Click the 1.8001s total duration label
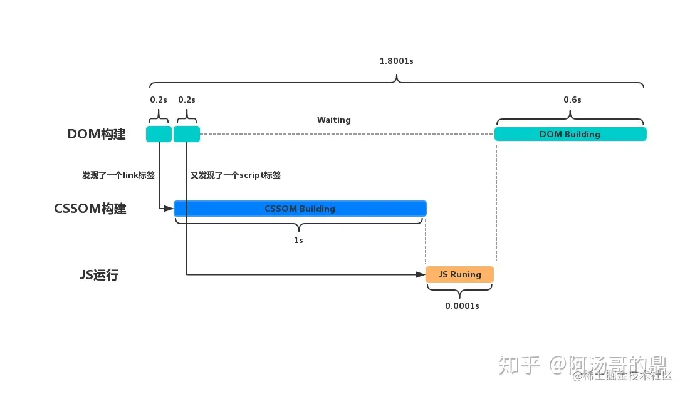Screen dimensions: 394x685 pyautogui.click(x=396, y=61)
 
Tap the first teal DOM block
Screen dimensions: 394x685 pyautogui.click(x=159, y=134)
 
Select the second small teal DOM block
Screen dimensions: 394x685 pyautogui.click(x=187, y=134)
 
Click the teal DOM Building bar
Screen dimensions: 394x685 pyautogui.click(x=570, y=134)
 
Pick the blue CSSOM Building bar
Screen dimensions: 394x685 pyautogui.click(x=300, y=208)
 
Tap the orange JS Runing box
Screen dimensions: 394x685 pyautogui.click(x=459, y=274)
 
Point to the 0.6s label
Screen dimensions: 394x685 pyautogui.click(x=572, y=100)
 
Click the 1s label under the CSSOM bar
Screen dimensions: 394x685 pyautogui.click(x=298, y=240)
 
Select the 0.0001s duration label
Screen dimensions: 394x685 pyautogui.click(x=462, y=306)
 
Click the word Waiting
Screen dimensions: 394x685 pyautogui.click(x=333, y=120)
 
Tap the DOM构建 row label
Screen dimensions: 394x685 pyautogui.click(x=97, y=135)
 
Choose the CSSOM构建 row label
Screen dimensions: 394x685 pyautogui.click(x=90, y=209)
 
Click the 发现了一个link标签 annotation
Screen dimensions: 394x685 pyautogui.click(x=118, y=175)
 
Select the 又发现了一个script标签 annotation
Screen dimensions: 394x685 pyautogui.click(x=236, y=175)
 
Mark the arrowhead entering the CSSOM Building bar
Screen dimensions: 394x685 pyautogui.click(x=169, y=208)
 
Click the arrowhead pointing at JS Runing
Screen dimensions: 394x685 pyautogui.click(x=421, y=274)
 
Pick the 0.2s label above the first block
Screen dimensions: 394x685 pyautogui.click(x=159, y=100)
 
